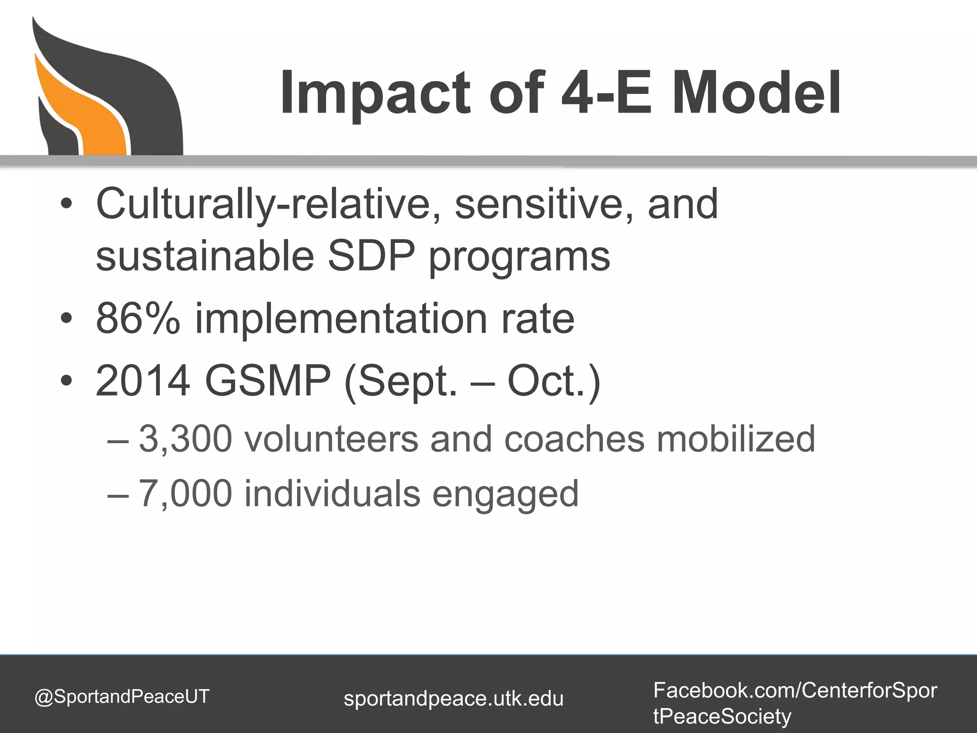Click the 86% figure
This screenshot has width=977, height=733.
click(x=138, y=319)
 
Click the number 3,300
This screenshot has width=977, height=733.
click(x=185, y=439)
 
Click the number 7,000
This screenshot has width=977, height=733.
click(x=185, y=493)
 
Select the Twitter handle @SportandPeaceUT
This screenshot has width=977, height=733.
click(x=122, y=696)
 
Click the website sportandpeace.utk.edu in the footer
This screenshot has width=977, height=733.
click(x=453, y=699)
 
